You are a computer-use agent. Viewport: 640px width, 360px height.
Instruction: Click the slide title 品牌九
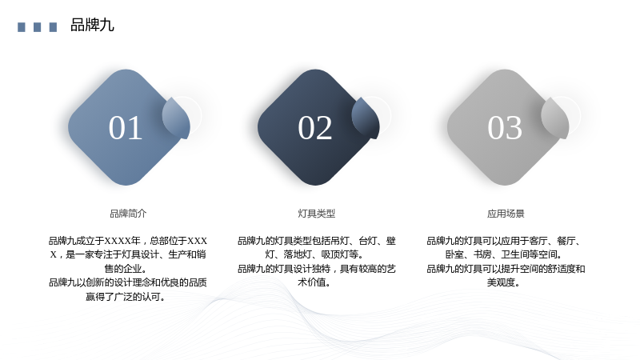(x=92, y=26)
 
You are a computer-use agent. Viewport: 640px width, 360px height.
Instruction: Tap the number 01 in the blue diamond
(x=126, y=128)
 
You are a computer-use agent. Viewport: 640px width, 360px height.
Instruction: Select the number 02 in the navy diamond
(x=314, y=128)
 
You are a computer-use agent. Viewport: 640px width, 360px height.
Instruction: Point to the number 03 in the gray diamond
(x=505, y=128)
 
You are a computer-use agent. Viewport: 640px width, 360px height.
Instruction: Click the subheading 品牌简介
(x=128, y=214)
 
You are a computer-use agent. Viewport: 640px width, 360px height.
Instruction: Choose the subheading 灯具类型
(x=316, y=214)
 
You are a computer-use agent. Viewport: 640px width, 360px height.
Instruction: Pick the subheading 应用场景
(x=506, y=214)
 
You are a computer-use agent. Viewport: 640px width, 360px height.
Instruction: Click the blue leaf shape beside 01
(x=176, y=118)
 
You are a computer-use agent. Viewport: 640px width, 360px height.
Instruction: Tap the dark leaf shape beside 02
(x=366, y=118)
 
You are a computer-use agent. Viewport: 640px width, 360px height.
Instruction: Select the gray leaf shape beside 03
(x=555, y=118)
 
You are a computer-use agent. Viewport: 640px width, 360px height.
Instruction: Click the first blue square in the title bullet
(x=22, y=27)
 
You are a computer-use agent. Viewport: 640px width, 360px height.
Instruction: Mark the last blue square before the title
(x=53, y=27)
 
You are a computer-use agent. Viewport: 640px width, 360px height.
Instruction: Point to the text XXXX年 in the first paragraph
(x=122, y=241)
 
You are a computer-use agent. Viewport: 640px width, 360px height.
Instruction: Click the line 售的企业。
(x=126, y=269)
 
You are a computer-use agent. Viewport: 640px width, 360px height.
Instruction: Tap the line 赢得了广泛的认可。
(x=126, y=297)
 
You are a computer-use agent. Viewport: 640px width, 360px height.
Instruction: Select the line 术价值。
(x=314, y=282)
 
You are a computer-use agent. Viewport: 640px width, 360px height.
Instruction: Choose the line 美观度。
(x=503, y=282)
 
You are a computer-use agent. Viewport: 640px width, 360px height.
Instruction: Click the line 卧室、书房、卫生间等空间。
(x=504, y=254)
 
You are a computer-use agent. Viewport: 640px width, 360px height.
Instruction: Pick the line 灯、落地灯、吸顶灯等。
(x=314, y=254)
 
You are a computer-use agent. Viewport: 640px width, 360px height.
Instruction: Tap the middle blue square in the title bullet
(x=37, y=27)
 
